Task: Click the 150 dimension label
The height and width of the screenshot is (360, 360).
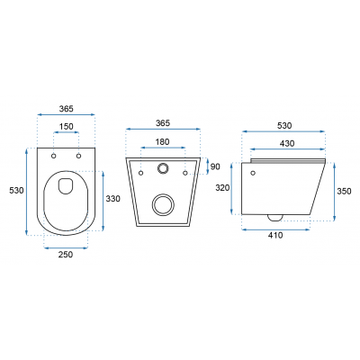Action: (67, 127)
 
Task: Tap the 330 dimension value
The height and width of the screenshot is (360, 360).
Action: (112, 199)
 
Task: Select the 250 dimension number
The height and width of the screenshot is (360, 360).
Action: (66, 255)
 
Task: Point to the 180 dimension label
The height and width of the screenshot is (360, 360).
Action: (162, 141)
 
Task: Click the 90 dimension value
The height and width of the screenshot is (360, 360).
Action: (215, 166)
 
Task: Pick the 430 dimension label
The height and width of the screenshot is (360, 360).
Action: (287, 144)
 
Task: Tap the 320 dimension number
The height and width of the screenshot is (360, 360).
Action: (222, 188)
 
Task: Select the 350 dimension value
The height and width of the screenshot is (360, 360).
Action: (344, 191)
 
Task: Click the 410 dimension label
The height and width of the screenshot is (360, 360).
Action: (275, 235)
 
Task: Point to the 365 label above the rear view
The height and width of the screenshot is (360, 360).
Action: (163, 123)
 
